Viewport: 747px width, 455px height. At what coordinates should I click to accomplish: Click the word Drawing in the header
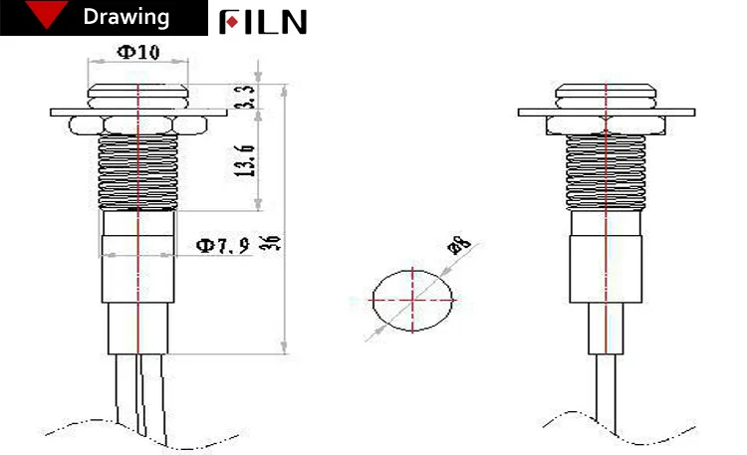point(125,18)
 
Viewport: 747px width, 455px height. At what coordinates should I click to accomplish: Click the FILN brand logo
point(264,22)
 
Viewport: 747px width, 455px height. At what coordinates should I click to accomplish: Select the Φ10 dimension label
point(138,53)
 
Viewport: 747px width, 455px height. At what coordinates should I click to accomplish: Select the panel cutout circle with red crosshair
point(412,298)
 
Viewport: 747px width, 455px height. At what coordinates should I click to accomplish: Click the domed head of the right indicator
point(605,96)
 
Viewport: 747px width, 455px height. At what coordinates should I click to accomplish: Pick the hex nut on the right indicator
point(605,123)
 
